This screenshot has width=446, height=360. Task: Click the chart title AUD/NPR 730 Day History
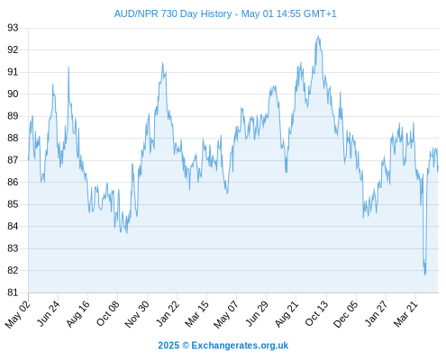click(173, 13)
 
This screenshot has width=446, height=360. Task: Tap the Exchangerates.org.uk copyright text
click(223, 346)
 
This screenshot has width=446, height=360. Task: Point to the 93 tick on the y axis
click(13, 28)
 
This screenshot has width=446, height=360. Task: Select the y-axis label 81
click(13, 292)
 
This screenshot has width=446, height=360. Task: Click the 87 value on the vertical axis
click(13, 160)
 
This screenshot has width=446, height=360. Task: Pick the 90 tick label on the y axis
click(13, 94)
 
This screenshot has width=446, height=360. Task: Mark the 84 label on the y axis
click(13, 226)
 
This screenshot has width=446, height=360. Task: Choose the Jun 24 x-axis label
click(48, 313)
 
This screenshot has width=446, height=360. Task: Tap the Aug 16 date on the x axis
click(77, 313)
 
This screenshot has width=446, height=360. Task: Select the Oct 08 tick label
click(107, 313)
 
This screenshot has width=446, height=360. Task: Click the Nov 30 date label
click(137, 314)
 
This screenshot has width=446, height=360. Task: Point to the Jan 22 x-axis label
click(168, 313)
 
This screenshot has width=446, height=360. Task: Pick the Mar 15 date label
click(196, 313)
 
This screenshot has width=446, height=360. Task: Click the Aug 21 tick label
click(287, 313)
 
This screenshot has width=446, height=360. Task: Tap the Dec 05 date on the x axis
click(346, 314)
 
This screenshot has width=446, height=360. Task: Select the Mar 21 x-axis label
click(405, 313)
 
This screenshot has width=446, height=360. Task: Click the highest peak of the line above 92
click(319, 36)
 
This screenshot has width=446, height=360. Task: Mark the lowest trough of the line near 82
click(425, 274)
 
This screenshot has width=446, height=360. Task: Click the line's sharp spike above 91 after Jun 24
click(68, 67)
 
